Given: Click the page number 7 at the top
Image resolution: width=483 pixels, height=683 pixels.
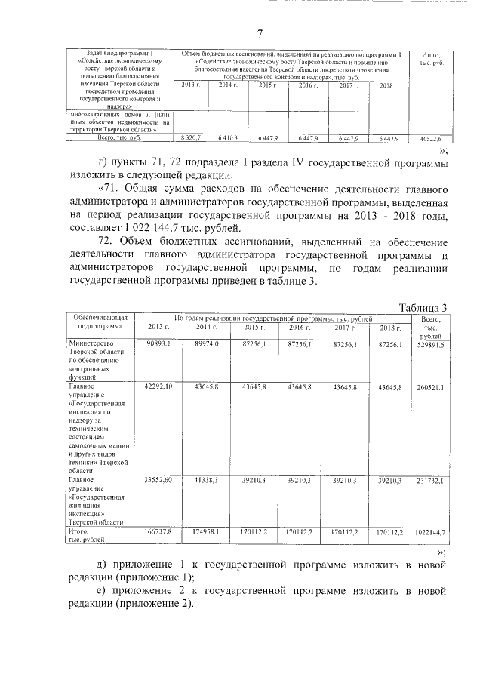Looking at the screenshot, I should point(260,33).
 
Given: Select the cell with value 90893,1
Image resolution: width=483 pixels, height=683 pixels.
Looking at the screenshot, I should point(159,343).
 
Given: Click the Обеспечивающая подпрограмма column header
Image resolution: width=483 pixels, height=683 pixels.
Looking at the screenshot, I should point(94,323).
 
